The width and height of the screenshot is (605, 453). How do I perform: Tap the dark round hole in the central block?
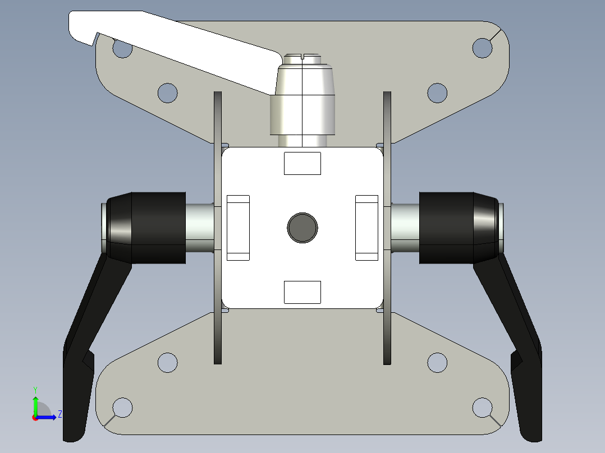tap(302, 228)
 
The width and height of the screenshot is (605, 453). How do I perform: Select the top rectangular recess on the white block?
tap(302, 163)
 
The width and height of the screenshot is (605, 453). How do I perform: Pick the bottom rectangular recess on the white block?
tap(302, 292)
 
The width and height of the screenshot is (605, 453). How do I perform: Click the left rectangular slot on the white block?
tap(238, 228)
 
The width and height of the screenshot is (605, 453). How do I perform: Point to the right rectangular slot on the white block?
tap(367, 228)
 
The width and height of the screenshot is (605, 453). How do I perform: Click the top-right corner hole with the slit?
tap(482, 48)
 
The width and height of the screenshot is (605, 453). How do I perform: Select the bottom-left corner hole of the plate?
tap(122, 407)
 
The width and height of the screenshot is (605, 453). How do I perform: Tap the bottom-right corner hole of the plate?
tap(482, 407)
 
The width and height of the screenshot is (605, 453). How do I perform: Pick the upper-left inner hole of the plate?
tap(167, 93)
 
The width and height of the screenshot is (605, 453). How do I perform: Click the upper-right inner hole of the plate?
tap(437, 93)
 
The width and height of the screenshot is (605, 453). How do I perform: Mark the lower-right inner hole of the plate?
tap(437, 363)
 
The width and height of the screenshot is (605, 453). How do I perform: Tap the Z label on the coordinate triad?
tap(59, 414)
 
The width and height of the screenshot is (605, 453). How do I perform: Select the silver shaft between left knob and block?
tap(199, 228)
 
